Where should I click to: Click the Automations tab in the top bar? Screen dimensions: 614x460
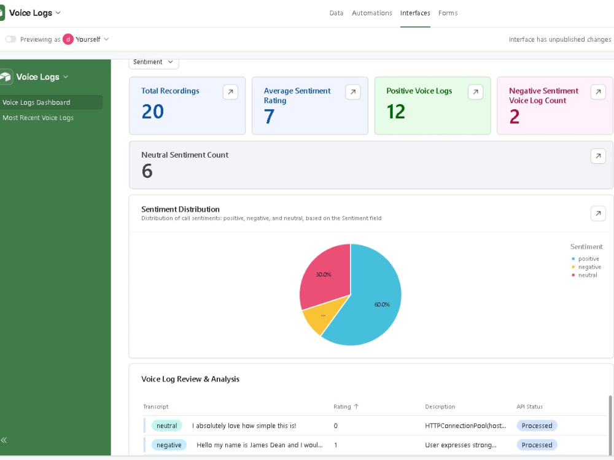tap(371, 13)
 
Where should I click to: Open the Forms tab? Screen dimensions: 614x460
tap(448, 13)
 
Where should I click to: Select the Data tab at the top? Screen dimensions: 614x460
tap(336, 13)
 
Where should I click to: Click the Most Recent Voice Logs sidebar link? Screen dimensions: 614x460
tap(38, 118)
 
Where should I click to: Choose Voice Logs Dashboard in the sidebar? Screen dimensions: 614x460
tap(36, 102)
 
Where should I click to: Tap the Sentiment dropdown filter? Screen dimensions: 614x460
tap(153, 62)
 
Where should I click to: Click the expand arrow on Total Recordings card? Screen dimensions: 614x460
tap(230, 92)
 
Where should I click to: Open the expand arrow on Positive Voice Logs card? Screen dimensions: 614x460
tap(475, 92)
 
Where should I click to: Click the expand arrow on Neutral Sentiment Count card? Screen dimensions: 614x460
tap(598, 156)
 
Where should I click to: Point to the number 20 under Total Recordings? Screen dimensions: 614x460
tap(153, 112)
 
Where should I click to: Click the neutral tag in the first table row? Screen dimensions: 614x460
tap(167, 426)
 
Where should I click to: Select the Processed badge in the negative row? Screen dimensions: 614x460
tap(537, 445)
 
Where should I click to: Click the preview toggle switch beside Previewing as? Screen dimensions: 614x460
tap(10, 39)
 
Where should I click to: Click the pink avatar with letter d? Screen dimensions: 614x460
tap(68, 39)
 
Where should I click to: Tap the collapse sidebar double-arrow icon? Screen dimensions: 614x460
tap(4, 440)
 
